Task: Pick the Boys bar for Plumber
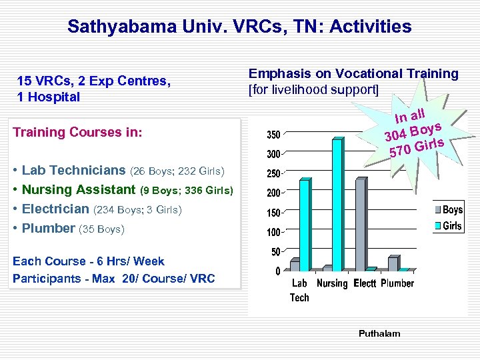(393, 264)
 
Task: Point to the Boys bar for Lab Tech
(295, 266)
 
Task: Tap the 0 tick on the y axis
(278, 271)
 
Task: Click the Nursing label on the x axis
(332, 284)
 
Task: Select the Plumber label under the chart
(397, 284)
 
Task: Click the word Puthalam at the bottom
(379, 333)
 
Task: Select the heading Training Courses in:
(77, 132)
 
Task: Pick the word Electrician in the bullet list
(56, 209)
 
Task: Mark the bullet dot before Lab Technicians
(15, 171)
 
